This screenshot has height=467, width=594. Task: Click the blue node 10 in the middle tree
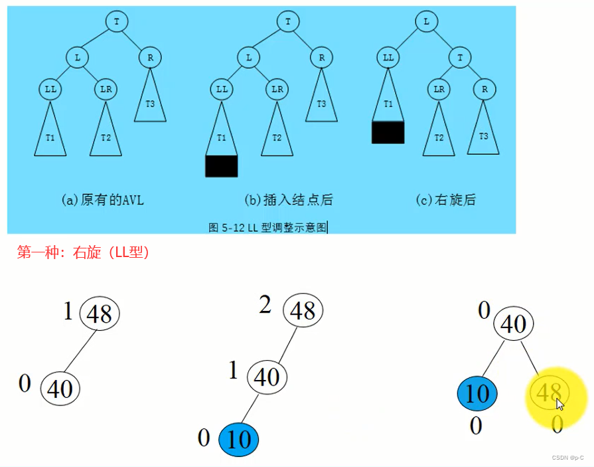point(238,439)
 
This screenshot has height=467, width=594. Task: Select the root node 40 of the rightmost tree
point(514,324)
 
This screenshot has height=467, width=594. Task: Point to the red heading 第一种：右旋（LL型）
point(84,252)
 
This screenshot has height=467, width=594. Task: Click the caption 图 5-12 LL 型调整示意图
point(267,227)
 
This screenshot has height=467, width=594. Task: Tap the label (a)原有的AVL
point(102,199)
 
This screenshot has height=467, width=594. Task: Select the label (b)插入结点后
point(288,199)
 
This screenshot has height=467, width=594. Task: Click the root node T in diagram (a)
point(117,21)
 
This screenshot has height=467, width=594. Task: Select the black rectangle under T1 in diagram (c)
point(388,132)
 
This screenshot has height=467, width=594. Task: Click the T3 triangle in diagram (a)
point(150,100)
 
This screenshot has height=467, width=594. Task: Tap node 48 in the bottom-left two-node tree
point(100,314)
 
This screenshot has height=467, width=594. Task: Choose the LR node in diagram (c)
point(439,88)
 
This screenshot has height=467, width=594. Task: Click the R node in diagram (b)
point(321,58)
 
